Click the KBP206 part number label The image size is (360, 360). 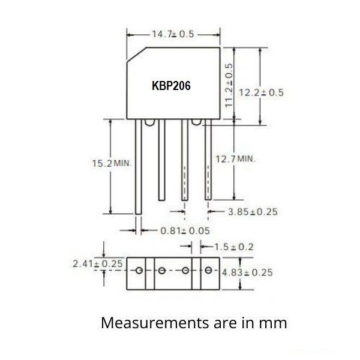[x=171, y=86]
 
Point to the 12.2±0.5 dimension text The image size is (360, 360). [x=260, y=92]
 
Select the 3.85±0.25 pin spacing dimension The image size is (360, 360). [x=253, y=212]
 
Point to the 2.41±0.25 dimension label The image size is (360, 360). [x=97, y=263]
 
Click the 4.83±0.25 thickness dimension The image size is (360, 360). [x=247, y=272]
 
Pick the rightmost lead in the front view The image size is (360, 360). [x=208, y=160]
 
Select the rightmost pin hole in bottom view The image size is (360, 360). [x=208, y=270]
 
